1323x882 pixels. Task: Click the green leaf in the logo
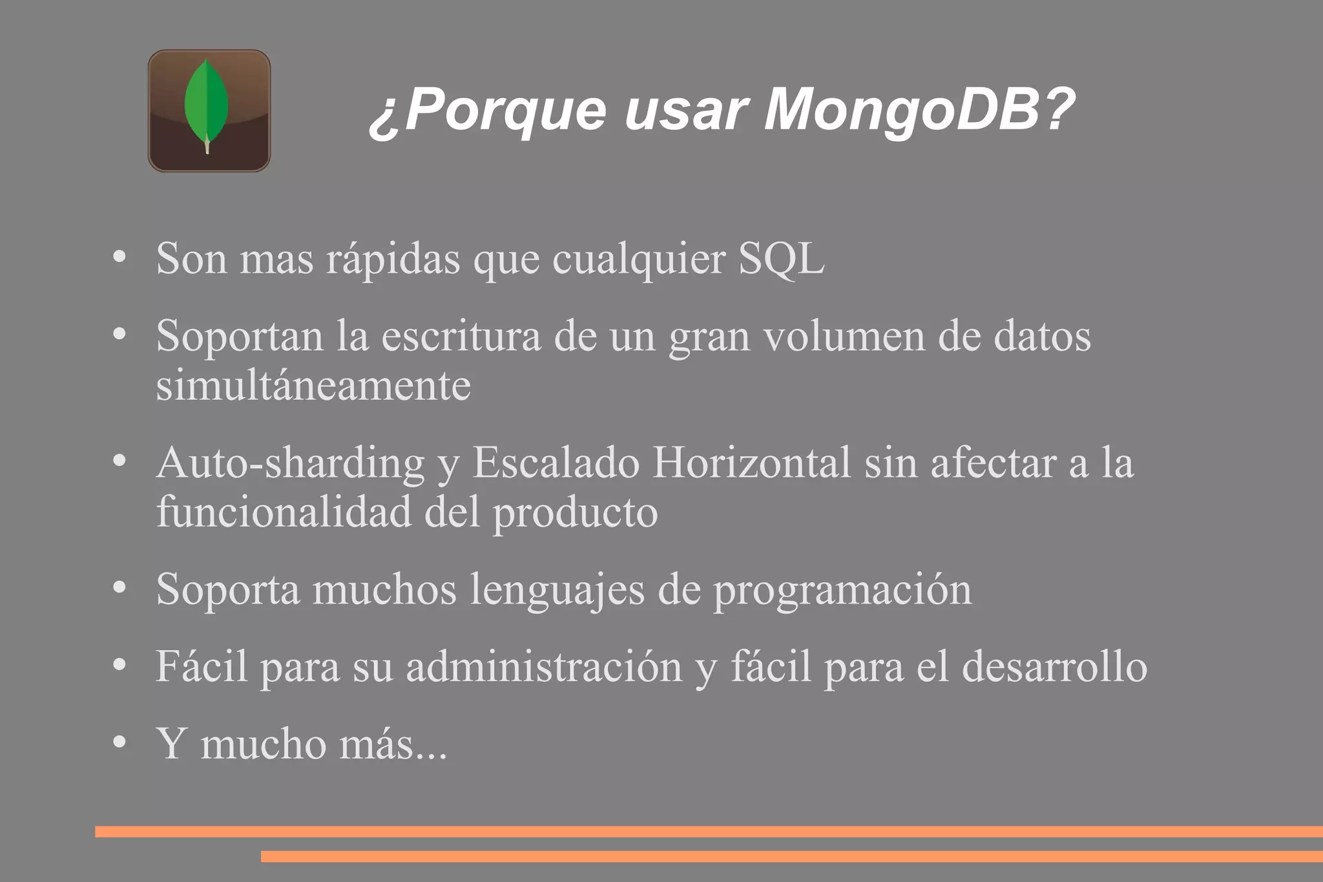coord(206,103)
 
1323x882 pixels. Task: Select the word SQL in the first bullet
coord(781,259)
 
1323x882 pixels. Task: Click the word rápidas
coord(393,259)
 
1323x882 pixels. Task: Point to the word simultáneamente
coord(313,386)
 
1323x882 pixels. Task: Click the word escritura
coord(461,337)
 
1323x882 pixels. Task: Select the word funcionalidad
coord(284,512)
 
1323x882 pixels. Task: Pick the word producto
coord(576,512)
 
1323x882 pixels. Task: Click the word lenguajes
coord(557,590)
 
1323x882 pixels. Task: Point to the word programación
coord(842,590)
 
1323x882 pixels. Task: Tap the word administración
coord(544,667)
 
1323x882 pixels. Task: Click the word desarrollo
coord(1054,667)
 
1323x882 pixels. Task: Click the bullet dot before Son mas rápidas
coord(119,258)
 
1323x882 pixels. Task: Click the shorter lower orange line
coord(791,856)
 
